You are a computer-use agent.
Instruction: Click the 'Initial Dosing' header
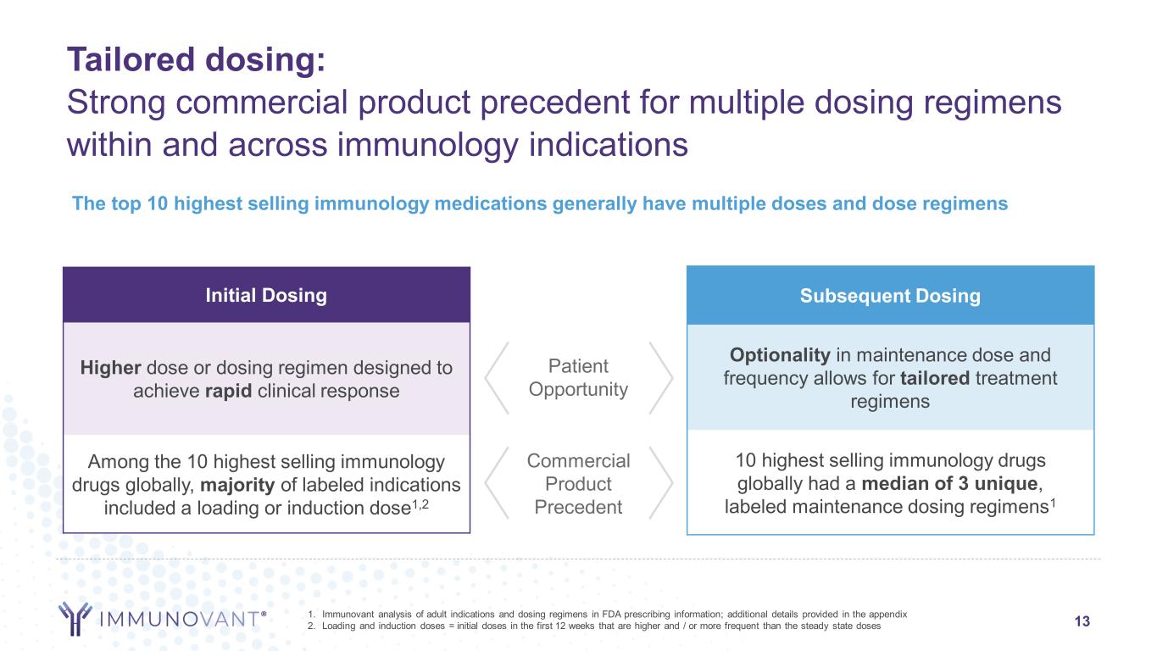[x=266, y=295]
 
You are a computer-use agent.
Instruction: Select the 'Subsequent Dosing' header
[x=889, y=295]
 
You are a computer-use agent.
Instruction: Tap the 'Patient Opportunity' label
[x=579, y=378]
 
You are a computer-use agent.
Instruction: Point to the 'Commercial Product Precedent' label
[x=579, y=484]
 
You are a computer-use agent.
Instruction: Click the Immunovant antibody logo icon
[x=75, y=618]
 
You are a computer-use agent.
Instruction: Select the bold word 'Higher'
[x=110, y=367]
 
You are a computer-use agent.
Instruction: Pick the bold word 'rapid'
[x=227, y=390]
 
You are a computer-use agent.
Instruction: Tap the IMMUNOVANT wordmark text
[x=181, y=619]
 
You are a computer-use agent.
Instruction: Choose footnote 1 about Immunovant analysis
[x=608, y=613]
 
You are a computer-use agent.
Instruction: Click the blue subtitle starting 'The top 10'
[x=539, y=204]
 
